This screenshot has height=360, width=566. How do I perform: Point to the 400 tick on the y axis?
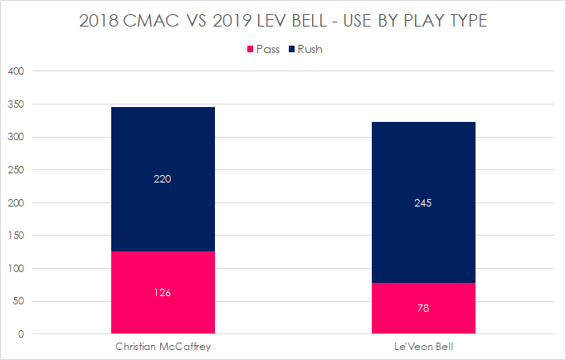(x=17, y=71)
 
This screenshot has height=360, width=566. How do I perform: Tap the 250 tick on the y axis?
(x=17, y=170)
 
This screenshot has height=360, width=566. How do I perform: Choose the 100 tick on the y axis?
(x=17, y=269)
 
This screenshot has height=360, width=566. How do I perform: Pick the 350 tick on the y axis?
(x=17, y=105)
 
